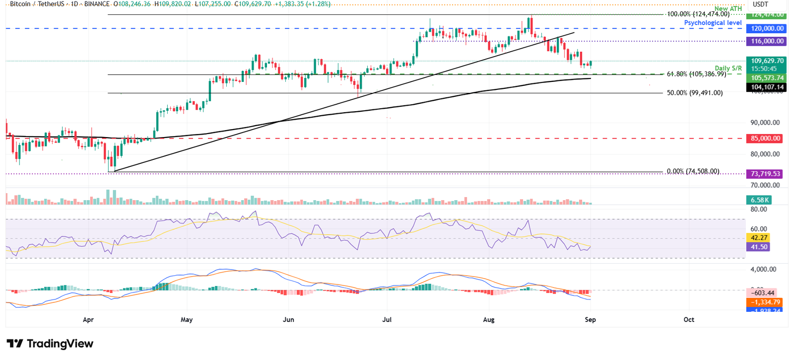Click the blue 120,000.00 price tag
click(767, 29)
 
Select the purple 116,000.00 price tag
click(767, 41)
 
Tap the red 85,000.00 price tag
click(765, 139)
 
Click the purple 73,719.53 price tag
click(765, 174)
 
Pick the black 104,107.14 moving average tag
click(767, 87)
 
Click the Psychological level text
click(713, 23)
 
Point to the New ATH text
click(728, 8)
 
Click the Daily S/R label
click(728, 68)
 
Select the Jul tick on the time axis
click(387, 320)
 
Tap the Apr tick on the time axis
click(88, 320)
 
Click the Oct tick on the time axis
click(689, 320)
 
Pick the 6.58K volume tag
click(759, 200)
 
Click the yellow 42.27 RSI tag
click(759, 238)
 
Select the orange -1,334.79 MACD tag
click(765, 302)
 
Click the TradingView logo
click(50, 344)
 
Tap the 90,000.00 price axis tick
click(765, 123)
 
